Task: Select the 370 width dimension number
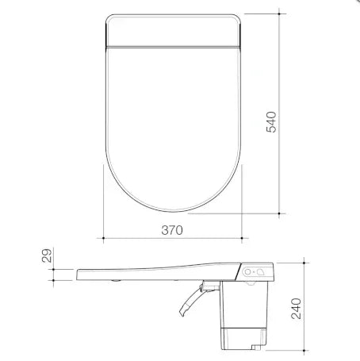point(173,231)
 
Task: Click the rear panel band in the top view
point(172,30)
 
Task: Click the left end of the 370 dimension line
point(105,236)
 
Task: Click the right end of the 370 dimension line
point(240,236)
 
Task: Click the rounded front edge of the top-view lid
point(172,212)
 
